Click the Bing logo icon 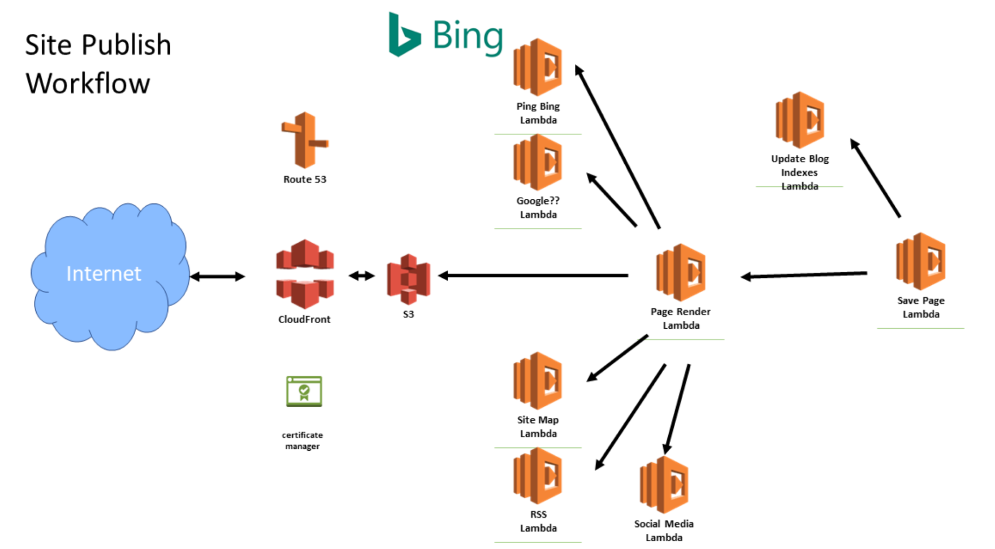pyautogui.click(x=404, y=35)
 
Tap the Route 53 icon pyautogui.click(x=305, y=140)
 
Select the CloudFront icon pyautogui.click(x=305, y=274)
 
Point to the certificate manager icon pyautogui.click(x=304, y=391)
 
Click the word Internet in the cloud pyautogui.click(x=103, y=274)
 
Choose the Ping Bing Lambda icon pyautogui.click(x=538, y=67)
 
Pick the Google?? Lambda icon pyautogui.click(x=538, y=162)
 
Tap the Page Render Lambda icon pyautogui.click(x=681, y=272)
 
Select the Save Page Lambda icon pyautogui.click(x=920, y=262)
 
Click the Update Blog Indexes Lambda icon pyautogui.click(x=799, y=120)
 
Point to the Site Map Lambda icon pyautogui.click(x=538, y=381)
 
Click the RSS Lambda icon pyautogui.click(x=538, y=476)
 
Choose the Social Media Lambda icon pyautogui.click(x=664, y=485)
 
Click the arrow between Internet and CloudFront pyautogui.click(x=218, y=277)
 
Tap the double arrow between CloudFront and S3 pyautogui.click(x=362, y=276)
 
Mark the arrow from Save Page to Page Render pyautogui.click(x=803, y=275)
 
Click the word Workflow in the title pyautogui.click(x=88, y=84)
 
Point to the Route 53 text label pyautogui.click(x=305, y=180)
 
